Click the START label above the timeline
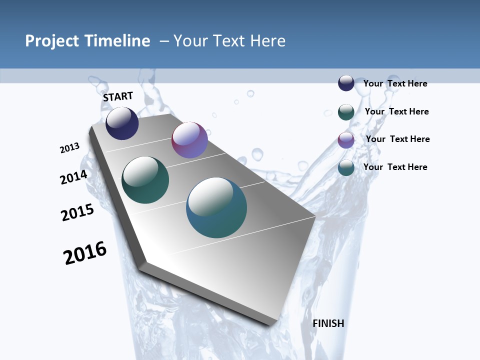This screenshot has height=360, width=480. [118, 96]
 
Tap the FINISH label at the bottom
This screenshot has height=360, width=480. [328, 323]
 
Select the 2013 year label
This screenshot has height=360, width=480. [69, 148]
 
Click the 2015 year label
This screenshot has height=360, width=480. [77, 212]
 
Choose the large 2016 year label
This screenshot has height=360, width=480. [85, 253]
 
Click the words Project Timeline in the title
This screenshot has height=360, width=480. [87, 41]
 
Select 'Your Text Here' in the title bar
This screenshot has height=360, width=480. [229, 41]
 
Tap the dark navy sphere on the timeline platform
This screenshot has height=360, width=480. [122, 123]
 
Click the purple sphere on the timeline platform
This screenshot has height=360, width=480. [189, 140]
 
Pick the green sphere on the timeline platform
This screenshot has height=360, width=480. [145, 180]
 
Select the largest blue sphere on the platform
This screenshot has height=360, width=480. [216, 207]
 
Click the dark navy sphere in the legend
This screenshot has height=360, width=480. [346, 83]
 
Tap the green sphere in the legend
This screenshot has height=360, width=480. [346, 112]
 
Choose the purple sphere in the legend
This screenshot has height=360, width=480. [346, 140]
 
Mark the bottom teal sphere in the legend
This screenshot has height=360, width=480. [346, 167]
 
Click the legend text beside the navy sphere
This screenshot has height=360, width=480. [395, 83]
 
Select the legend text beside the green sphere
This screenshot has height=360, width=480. [396, 111]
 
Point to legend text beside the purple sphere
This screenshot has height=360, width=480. [397, 139]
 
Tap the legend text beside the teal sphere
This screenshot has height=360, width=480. [395, 167]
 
